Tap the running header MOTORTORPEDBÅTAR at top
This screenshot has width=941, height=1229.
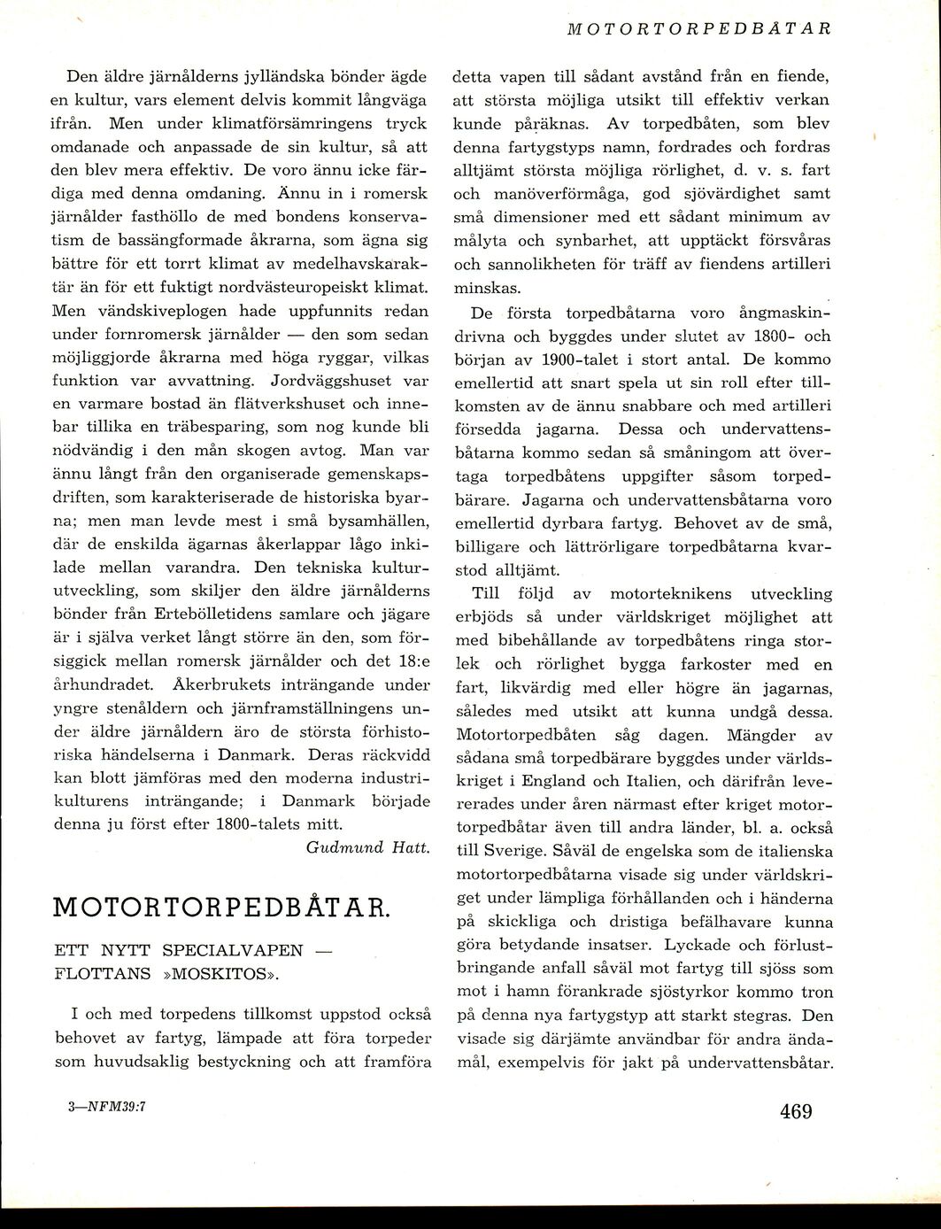click(698, 28)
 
